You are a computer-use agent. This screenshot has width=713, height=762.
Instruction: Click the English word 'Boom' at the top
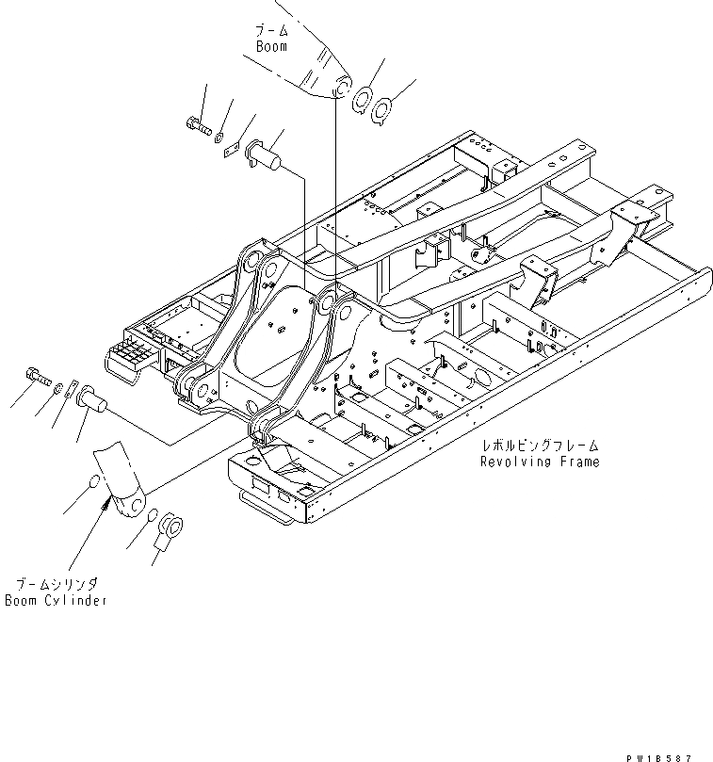pos(271,46)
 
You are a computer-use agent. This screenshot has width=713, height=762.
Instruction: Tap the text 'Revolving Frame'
pos(539,462)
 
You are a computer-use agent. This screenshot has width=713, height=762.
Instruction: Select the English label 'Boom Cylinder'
pos(55,600)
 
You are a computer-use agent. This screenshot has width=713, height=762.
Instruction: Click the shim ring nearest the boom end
pos(362,100)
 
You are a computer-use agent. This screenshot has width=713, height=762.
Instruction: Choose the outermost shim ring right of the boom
pos(381,111)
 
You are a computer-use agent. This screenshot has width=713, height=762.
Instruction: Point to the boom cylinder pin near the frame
pos(91,401)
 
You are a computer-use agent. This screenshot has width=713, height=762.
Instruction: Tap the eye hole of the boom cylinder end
pos(126,506)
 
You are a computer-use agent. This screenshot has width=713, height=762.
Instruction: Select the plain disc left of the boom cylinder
pos(90,486)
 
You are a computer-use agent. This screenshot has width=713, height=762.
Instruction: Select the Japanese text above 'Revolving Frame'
pos(539,445)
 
